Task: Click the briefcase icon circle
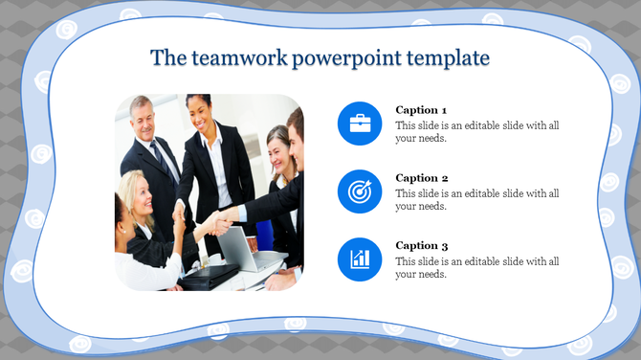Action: coord(360,124)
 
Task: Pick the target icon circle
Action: coord(360,191)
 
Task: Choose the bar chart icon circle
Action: coord(360,259)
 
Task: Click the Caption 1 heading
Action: coord(421,110)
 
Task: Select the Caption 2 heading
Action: coord(421,178)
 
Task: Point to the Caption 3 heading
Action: coord(421,246)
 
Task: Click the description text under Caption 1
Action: coord(476,131)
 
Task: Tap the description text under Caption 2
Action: coord(476,199)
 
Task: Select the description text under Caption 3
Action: coord(476,267)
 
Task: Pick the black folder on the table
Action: coord(210,275)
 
